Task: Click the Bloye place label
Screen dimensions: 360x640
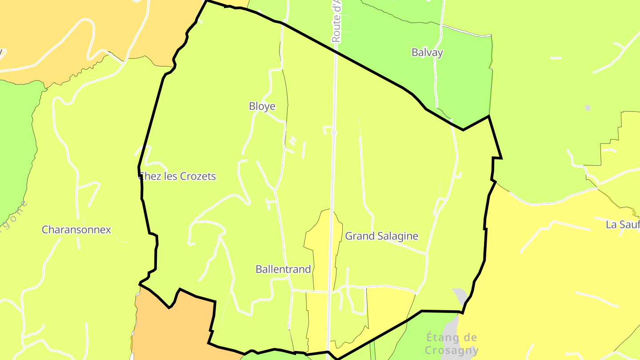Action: pyautogui.click(x=262, y=106)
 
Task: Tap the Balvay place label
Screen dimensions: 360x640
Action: pyautogui.click(x=427, y=52)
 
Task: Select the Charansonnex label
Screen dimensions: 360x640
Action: pyautogui.click(x=76, y=230)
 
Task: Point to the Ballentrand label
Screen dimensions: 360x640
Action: pyautogui.click(x=283, y=269)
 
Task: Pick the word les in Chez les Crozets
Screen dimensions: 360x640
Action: pyautogui.click(x=169, y=176)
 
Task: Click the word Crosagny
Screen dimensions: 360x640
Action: pyautogui.click(x=452, y=350)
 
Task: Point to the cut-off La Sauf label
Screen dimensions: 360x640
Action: pyautogui.click(x=622, y=224)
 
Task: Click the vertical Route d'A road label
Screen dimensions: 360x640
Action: pyautogui.click(x=336, y=21)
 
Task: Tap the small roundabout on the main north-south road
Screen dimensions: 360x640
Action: pyautogui.click(x=334, y=132)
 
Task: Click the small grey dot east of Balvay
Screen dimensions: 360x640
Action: pyautogui.click(x=588, y=108)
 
